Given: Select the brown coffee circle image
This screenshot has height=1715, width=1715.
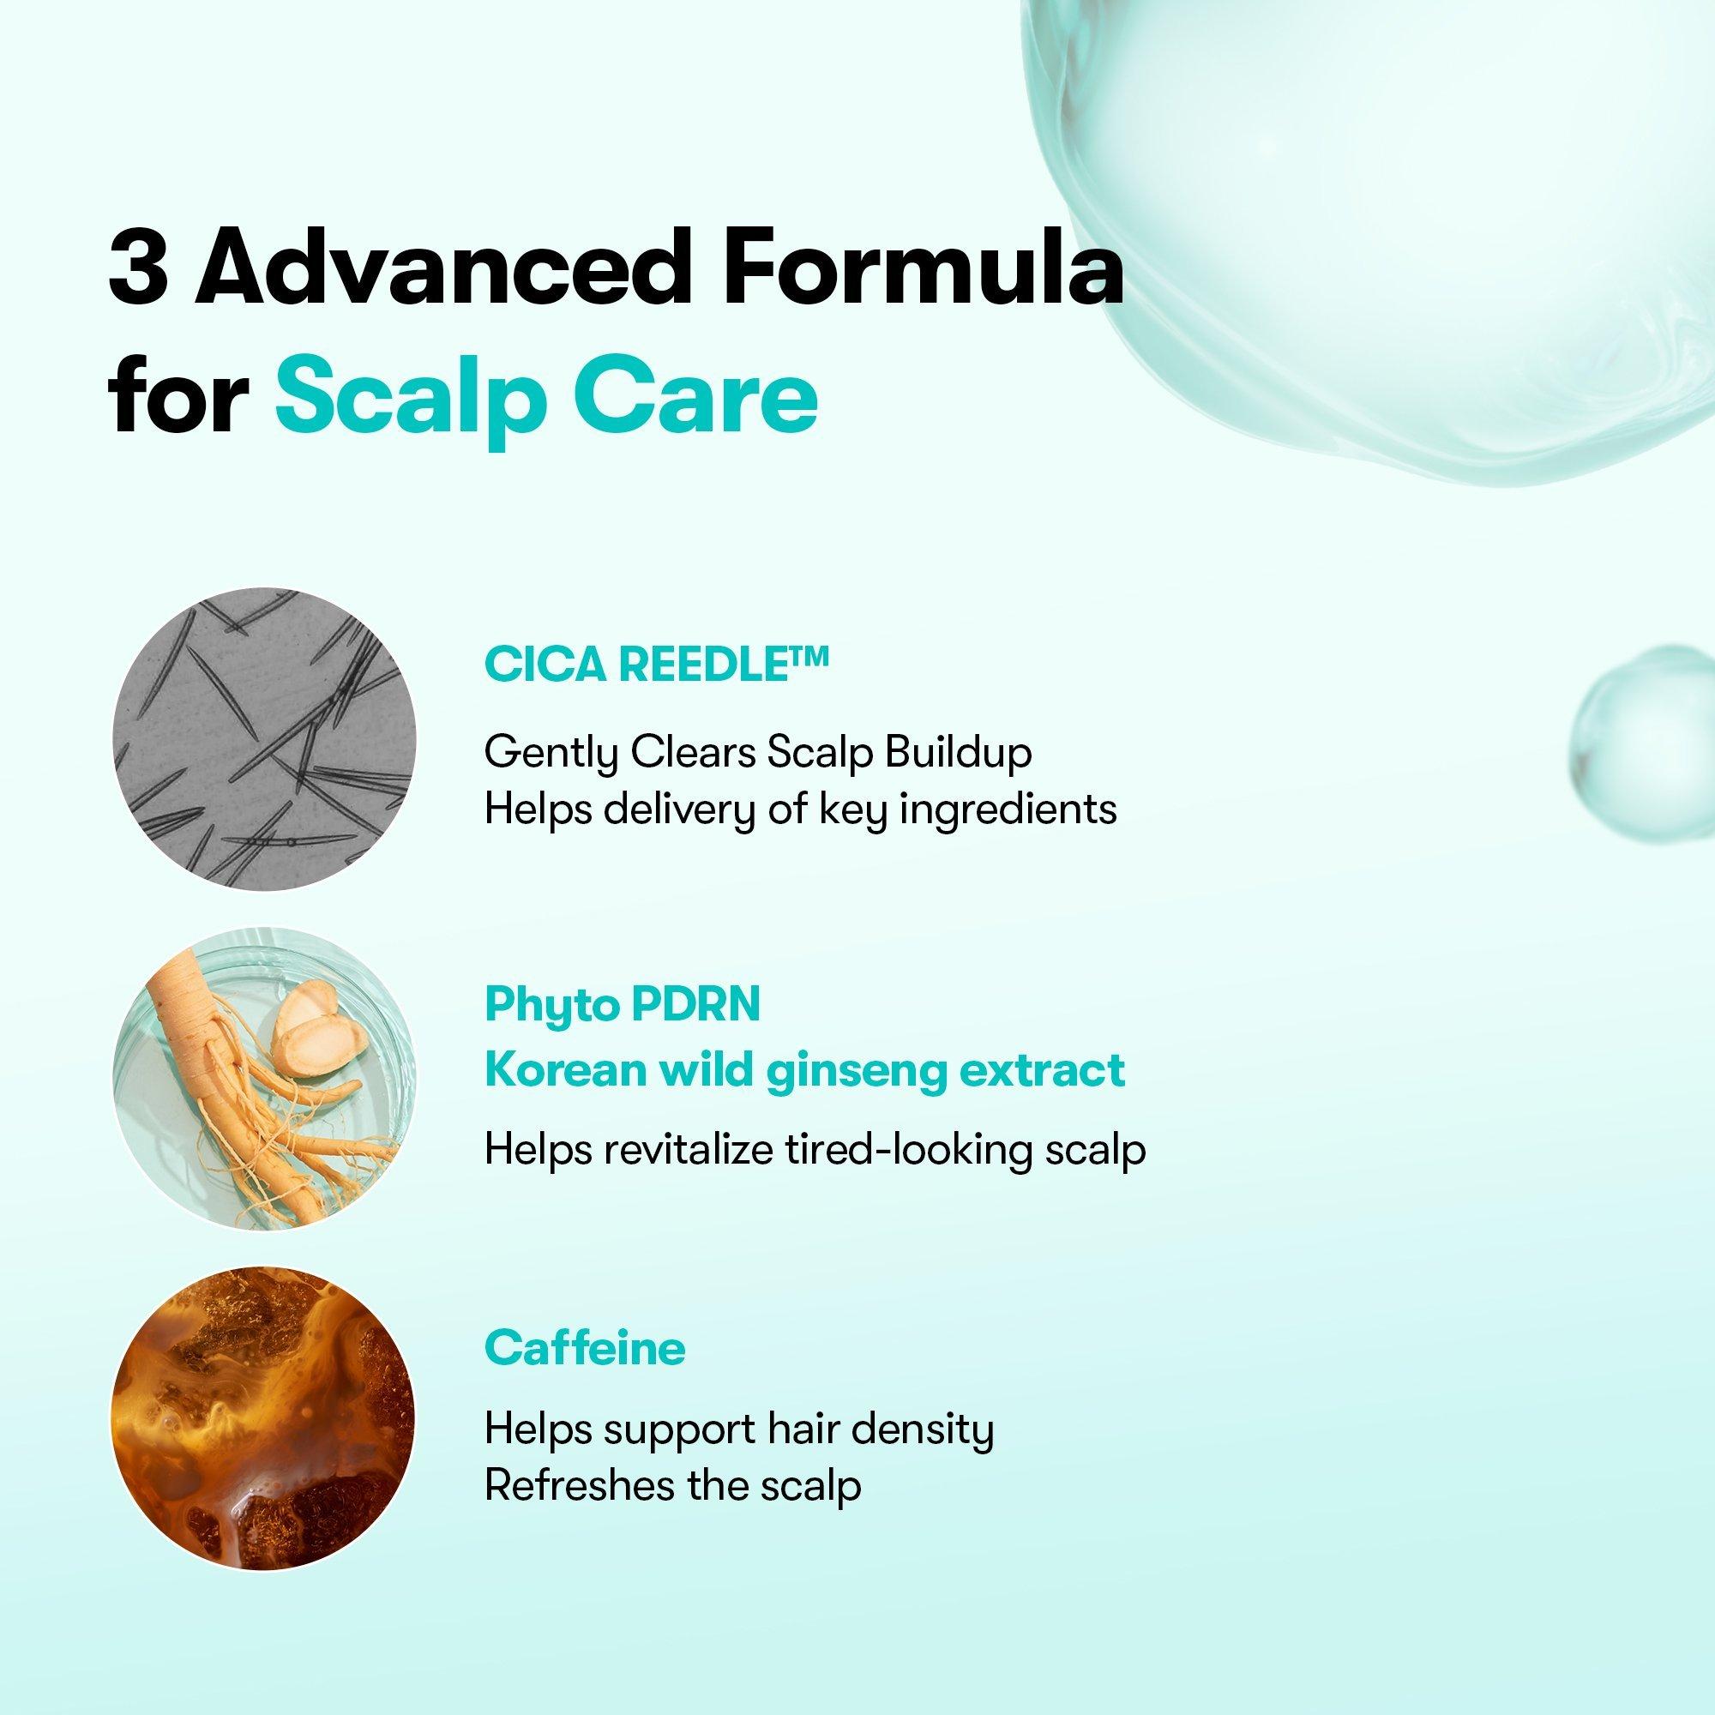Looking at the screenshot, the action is [264, 1419].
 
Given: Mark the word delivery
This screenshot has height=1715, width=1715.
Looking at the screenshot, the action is [677, 810].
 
